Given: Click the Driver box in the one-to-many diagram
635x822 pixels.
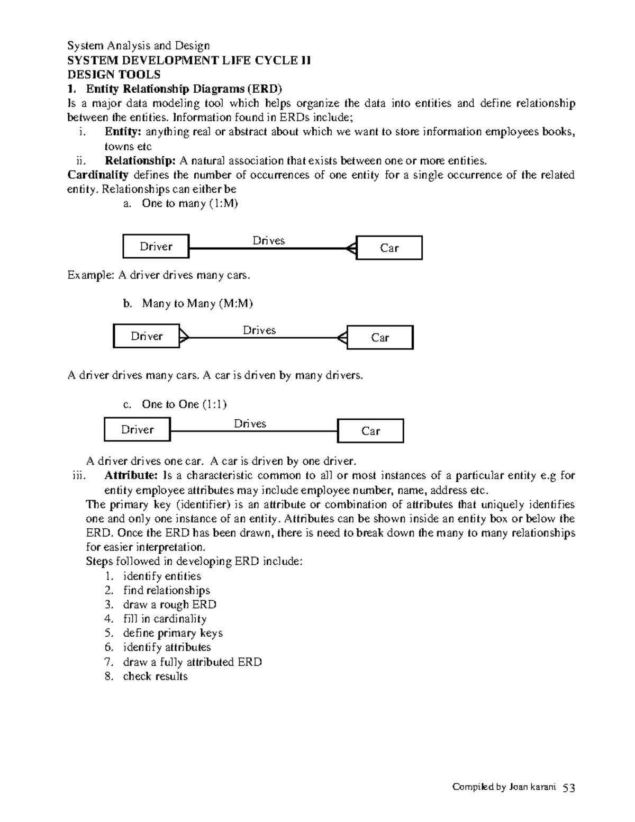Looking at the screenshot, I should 156,246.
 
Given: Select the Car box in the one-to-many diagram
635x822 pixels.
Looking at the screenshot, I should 389,248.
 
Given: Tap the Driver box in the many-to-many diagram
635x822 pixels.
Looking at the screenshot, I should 147,336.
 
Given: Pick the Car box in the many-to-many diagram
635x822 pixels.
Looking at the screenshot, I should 380,338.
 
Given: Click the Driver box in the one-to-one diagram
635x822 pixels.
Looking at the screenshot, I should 137,429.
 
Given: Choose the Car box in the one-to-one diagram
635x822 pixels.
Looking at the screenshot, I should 370,431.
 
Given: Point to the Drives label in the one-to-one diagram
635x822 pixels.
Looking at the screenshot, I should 250,423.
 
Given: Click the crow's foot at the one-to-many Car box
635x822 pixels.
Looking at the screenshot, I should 351,248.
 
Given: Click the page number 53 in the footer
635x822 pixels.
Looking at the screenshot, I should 569,788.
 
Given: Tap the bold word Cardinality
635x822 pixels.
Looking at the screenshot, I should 98,175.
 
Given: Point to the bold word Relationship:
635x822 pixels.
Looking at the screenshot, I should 140,160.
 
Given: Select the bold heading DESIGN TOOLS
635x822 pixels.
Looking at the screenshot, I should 114,75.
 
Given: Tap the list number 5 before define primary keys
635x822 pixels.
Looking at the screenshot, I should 109,633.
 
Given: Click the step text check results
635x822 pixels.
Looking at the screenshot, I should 155,676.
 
